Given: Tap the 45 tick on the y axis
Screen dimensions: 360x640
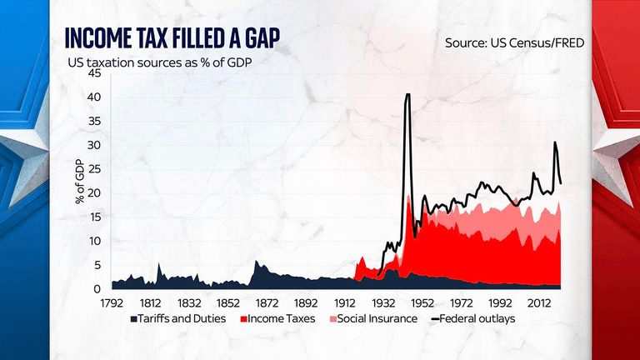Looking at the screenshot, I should [94, 73].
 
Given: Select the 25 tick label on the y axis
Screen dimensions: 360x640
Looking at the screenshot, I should [94, 169].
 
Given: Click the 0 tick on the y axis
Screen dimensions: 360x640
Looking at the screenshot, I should [97, 288].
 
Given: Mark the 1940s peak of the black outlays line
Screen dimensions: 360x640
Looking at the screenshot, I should [407, 95].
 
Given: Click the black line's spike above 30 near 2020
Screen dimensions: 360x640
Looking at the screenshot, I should [555, 142].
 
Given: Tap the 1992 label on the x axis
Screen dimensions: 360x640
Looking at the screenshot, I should [500, 302].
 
